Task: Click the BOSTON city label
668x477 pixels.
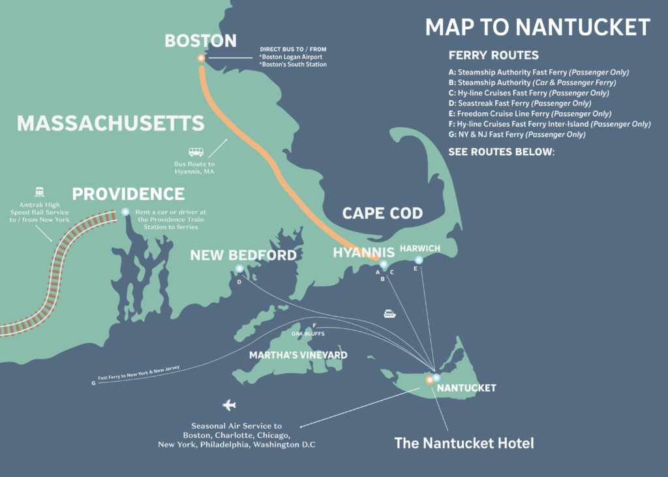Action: pyautogui.click(x=200, y=41)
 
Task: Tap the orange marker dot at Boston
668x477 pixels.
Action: pyautogui.click(x=201, y=58)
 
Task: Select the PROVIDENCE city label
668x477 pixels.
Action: pyautogui.click(x=129, y=194)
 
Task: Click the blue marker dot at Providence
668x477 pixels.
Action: pyautogui.click(x=125, y=211)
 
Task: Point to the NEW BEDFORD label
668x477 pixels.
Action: pyautogui.click(x=243, y=255)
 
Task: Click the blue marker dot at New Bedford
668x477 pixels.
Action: pyautogui.click(x=239, y=268)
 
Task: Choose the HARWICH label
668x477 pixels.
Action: pyautogui.click(x=420, y=249)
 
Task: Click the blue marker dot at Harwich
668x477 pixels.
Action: pyautogui.click(x=419, y=260)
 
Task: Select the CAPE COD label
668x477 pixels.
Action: pyautogui.click(x=382, y=213)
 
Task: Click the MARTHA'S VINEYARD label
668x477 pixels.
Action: pyautogui.click(x=298, y=356)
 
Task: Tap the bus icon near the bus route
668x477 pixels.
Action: pyautogui.click(x=196, y=151)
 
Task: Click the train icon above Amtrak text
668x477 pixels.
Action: pyautogui.click(x=39, y=192)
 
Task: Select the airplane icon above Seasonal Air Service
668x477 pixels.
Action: pyautogui.click(x=229, y=406)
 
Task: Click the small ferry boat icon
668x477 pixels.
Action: pyautogui.click(x=389, y=313)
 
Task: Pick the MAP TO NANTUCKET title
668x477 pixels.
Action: pyautogui.click(x=538, y=27)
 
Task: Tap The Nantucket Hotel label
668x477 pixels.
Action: pyautogui.click(x=464, y=444)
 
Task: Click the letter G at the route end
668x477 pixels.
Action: pyautogui.click(x=93, y=383)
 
